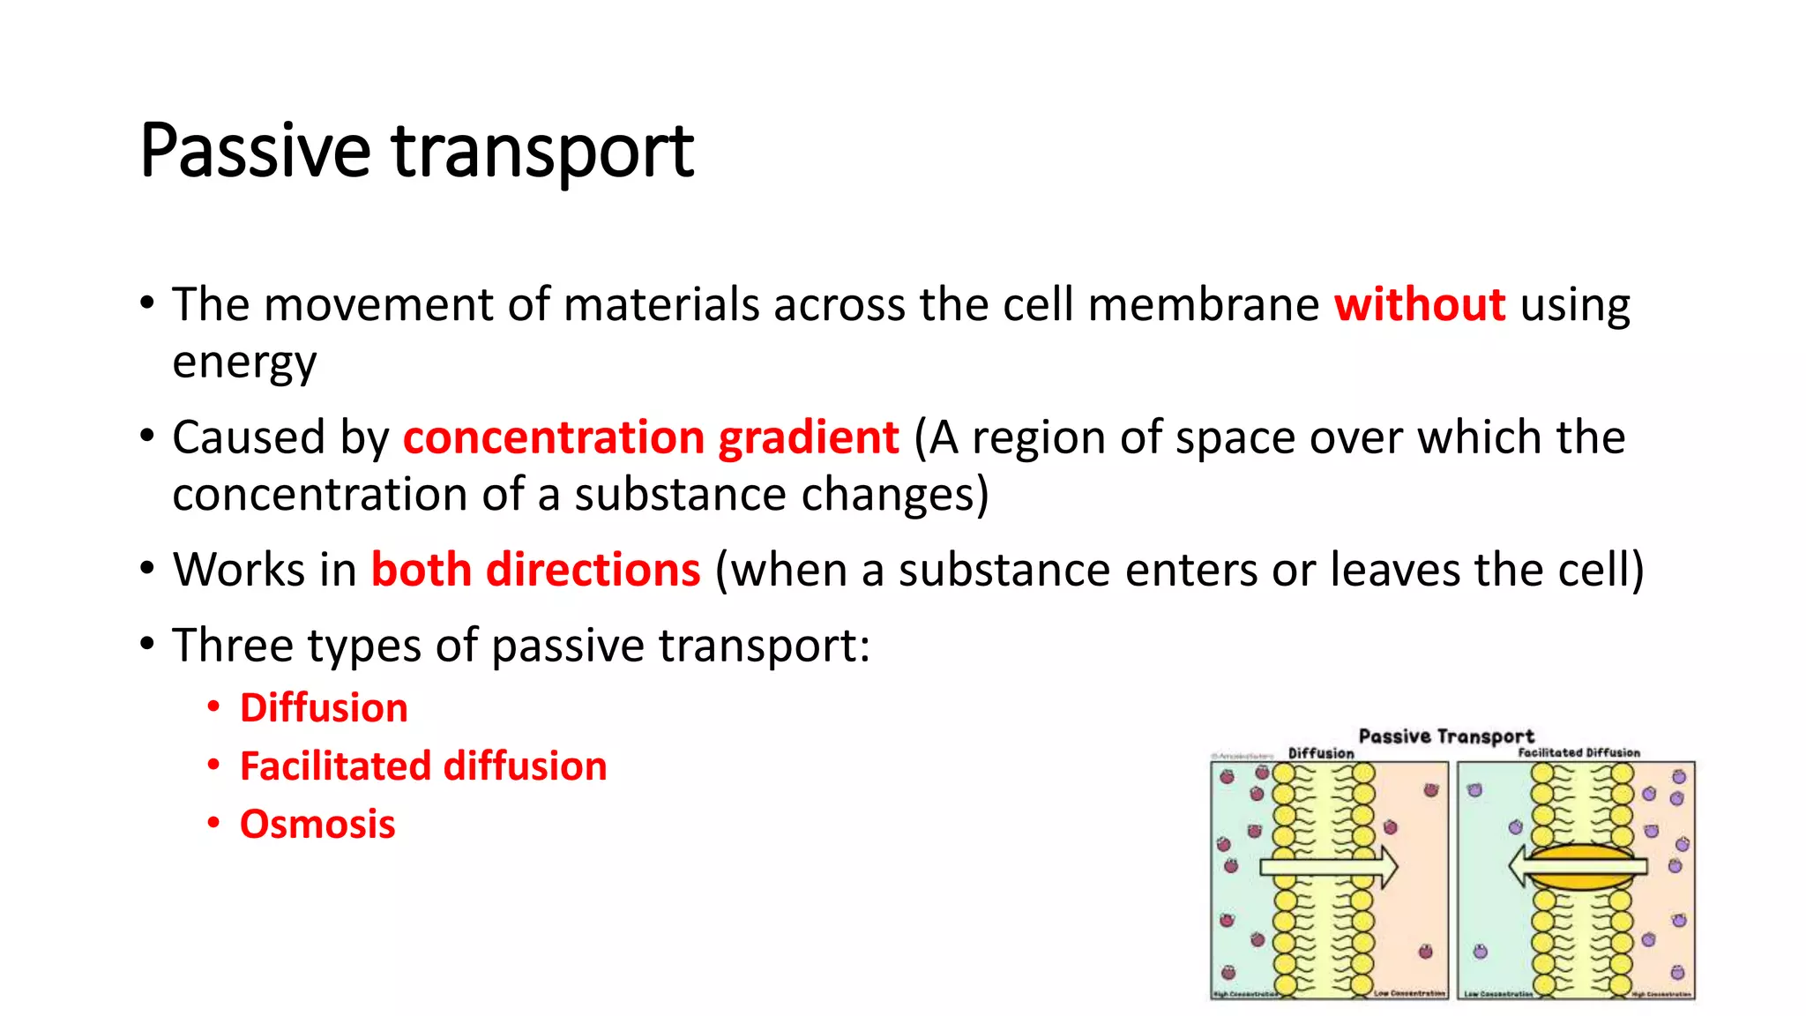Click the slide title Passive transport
(x=416, y=152)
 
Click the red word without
(x=1419, y=305)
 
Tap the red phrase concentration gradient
(x=651, y=438)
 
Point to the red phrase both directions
(x=535, y=570)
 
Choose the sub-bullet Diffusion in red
(x=324, y=708)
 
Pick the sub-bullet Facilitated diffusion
(x=423, y=766)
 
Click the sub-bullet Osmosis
(x=317, y=825)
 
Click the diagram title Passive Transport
(x=1446, y=736)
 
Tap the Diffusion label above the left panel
(x=1320, y=753)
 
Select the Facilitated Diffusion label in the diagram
(x=1578, y=752)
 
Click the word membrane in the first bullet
(x=1204, y=305)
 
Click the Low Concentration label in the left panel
(x=1409, y=993)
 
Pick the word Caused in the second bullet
(x=249, y=438)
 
